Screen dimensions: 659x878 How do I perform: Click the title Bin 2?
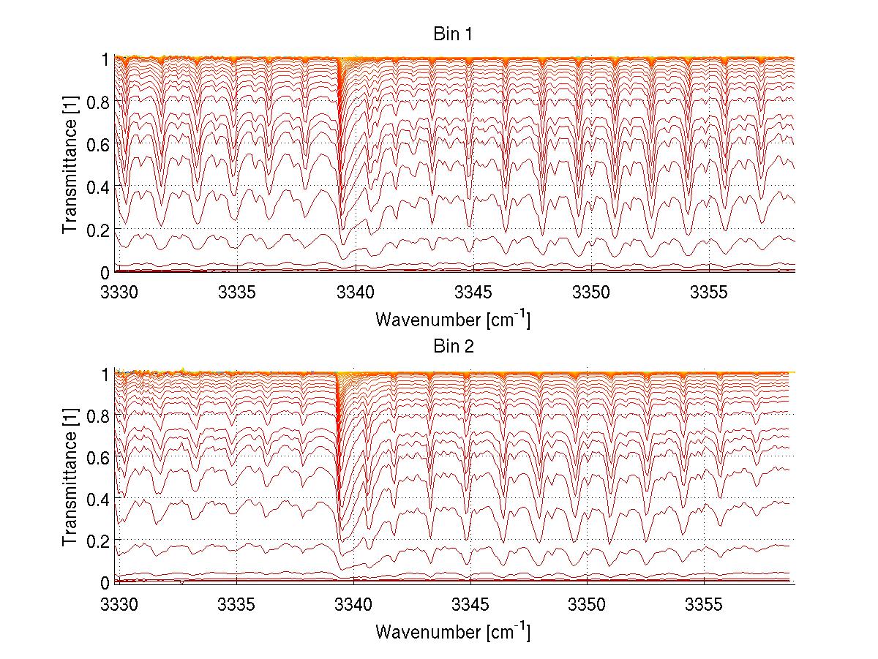pyautogui.click(x=454, y=346)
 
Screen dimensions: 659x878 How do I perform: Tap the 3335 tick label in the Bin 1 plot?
pyautogui.click(x=237, y=293)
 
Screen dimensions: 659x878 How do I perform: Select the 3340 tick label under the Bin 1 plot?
pyautogui.click(x=355, y=293)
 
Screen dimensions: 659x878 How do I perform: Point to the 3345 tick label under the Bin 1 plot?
pyautogui.click(x=473, y=293)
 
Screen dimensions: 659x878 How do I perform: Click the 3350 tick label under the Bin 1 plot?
pyautogui.click(x=590, y=293)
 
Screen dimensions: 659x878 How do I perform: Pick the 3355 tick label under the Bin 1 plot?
pyautogui.click(x=708, y=293)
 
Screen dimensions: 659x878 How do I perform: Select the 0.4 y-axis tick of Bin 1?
pyautogui.click(x=98, y=187)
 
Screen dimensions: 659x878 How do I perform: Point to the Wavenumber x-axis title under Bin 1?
pyautogui.click(x=453, y=320)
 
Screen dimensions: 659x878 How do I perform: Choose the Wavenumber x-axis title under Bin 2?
pyautogui.click(x=453, y=630)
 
